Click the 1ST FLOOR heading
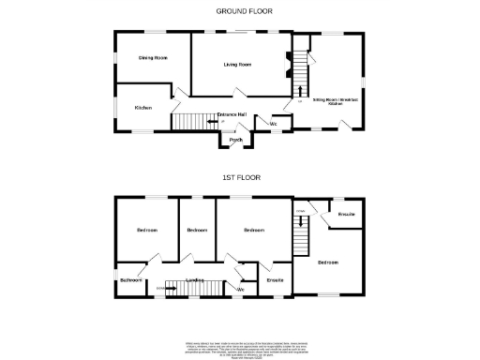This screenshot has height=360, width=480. click(x=241, y=176)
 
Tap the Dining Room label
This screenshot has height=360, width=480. click(x=153, y=58)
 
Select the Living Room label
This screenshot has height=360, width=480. click(x=237, y=65)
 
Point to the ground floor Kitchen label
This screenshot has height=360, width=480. click(x=142, y=108)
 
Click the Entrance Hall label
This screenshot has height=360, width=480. click(x=232, y=114)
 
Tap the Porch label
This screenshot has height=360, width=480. click(x=236, y=141)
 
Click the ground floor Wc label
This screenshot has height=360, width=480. click(x=274, y=125)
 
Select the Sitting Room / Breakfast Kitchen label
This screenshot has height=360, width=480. click(x=336, y=101)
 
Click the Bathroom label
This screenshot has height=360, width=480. click(x=129, y=279)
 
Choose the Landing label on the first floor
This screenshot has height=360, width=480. click(x=195, y=279)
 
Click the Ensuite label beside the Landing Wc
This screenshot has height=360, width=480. click(x=276, y=279)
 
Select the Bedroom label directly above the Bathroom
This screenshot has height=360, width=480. click(x=146, y=230)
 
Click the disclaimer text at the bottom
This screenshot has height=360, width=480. click(x=240, y=347)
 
